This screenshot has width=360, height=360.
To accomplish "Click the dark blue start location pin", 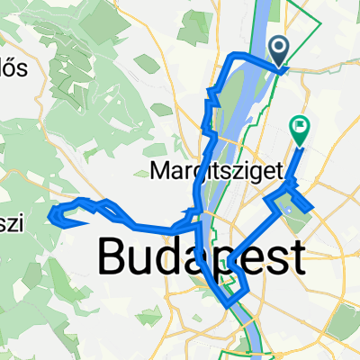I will (278, 49).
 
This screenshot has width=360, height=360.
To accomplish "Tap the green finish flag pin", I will (299, 130).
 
